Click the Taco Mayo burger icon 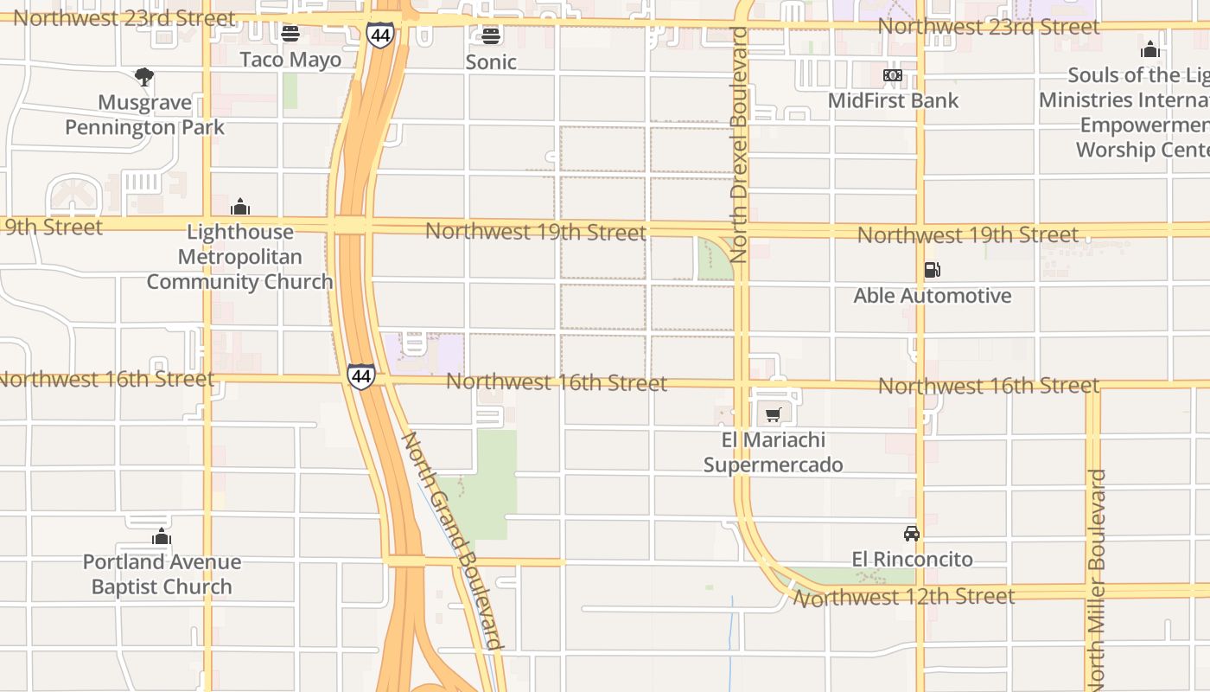click(x=290, y=34)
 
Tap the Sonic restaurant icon click(x=491, y=35)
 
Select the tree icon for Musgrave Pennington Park click(x=144, y=77)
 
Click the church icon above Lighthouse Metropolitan click(x=240, y=207)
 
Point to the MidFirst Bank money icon click(x=893, y=75)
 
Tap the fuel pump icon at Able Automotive click(x=932, y=270)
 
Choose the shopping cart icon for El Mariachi click(x=773, y=415)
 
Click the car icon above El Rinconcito click(x=912, y=533)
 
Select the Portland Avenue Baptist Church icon click(x=161, y=537)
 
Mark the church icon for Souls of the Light click(x=1149, y=49)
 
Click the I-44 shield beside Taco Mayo click(x=379, y=35)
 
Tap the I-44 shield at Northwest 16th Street click(x=361, y=376)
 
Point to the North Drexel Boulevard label click(x=738, y=144)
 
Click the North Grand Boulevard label click(x=452, y=541)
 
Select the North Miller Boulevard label click(x=1096, y=580)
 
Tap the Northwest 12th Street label click(x=904, y=597)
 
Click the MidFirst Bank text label click(x=893, y=100)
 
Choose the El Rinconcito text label click(x=912, y=560)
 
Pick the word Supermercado click(x=773, y=465)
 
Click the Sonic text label click(x=491, y=62)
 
